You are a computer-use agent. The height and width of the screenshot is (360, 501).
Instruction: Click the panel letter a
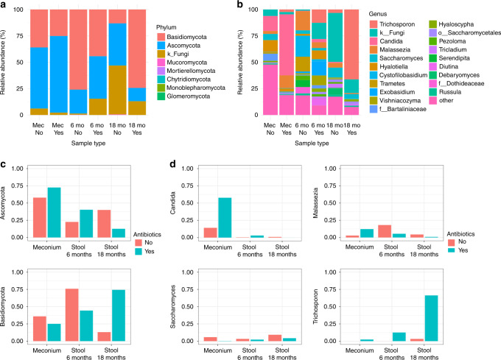point(5,5)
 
